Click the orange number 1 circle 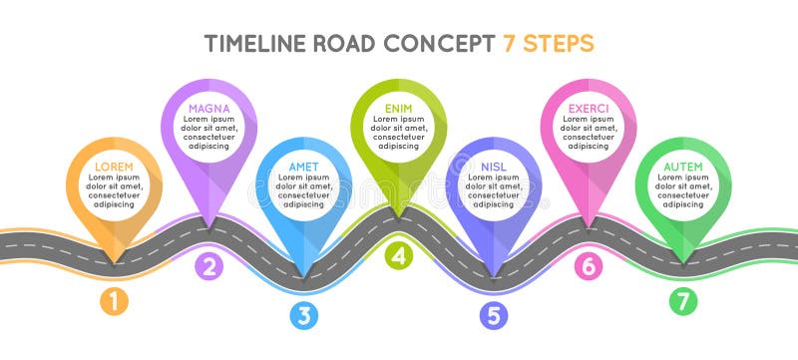114,300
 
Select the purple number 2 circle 208,265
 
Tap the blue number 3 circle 304,315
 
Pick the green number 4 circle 399,255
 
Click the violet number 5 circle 493,315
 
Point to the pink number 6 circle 589,265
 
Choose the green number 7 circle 683,300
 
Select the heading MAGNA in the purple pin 208,108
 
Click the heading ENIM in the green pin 399,108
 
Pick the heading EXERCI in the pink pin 589,108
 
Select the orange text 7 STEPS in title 547,44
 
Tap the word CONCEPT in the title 440,44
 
